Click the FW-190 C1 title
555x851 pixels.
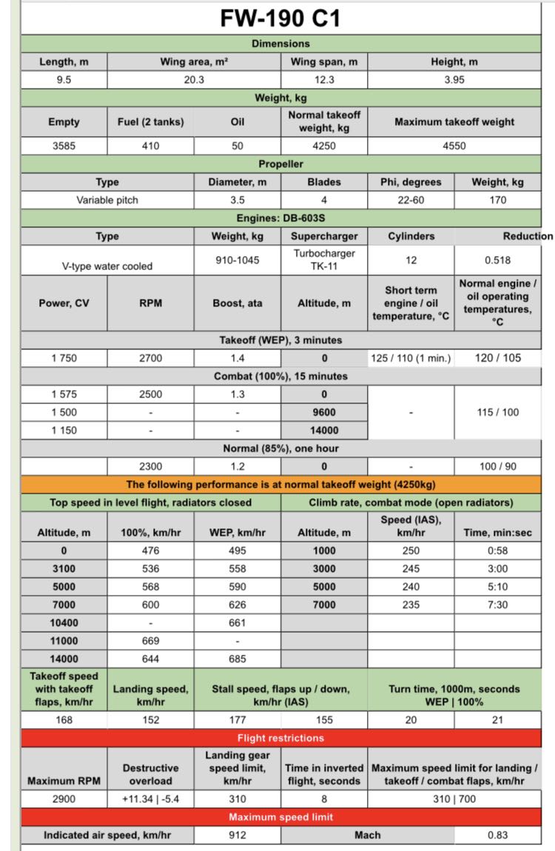[280, 18]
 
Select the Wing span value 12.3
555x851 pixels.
[323, 80]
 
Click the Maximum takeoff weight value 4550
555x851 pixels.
[454, 146]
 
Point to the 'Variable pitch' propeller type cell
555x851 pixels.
[107, 200]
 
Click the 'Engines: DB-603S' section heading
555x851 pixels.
[280, 218]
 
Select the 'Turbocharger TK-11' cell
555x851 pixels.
[324, 260]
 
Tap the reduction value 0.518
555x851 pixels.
[497, 260]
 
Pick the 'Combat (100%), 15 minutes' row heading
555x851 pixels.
[280, 376]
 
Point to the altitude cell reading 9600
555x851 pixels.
[324, 412]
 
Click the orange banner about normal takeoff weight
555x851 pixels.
[280, 485]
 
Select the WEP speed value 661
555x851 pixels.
[238, 623]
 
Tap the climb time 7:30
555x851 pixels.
[497, 605]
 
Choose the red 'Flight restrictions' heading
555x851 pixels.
[280, 738]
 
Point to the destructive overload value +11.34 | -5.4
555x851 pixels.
[150, 798]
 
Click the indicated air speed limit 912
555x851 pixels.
[238, 835]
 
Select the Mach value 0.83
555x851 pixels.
[497, 835]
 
